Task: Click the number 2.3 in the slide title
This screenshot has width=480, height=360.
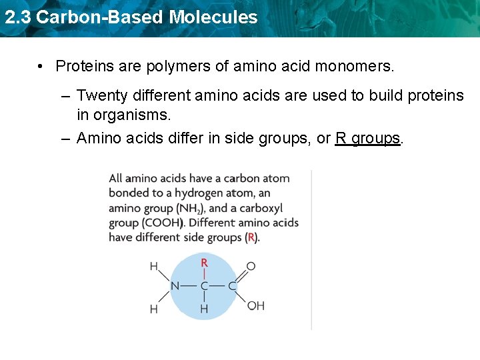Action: click(17, 17)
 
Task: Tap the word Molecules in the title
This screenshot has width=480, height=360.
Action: click(213, 17)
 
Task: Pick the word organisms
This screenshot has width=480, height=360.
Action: click(132, 115)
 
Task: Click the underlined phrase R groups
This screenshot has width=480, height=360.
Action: click(368, 138)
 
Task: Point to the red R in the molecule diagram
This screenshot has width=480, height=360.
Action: click(205, 264)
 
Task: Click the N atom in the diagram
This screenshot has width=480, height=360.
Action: click(175, 286)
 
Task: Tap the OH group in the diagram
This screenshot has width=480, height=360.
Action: click(256, 305)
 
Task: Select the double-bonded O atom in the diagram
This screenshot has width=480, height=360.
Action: click(251, 266)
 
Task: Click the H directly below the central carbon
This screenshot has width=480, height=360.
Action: click(204, 309)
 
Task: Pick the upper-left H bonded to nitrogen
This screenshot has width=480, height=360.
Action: click(154, 267)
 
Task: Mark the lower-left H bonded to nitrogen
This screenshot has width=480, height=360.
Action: click(154, 309)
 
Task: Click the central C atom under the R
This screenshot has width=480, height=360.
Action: click(204, 286)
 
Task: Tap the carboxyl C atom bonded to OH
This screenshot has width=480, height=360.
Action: click(233, 286)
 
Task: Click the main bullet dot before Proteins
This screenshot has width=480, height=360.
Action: click(41, 67)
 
